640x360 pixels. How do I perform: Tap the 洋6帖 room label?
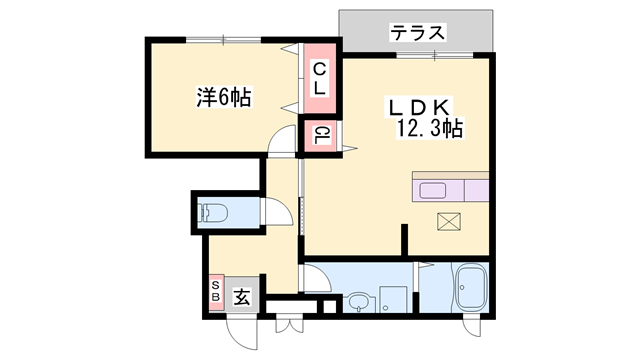coord(222,97)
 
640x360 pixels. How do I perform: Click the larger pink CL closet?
coord(320,80)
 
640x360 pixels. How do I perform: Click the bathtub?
coord(469,289)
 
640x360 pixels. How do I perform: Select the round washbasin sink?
coord(359,301)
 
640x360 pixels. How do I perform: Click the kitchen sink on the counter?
coord(437,191)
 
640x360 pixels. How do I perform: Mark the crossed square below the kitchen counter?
coord(447,223)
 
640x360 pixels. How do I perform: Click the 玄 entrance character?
coord(243,296)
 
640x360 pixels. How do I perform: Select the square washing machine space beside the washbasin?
coord(396,300)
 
